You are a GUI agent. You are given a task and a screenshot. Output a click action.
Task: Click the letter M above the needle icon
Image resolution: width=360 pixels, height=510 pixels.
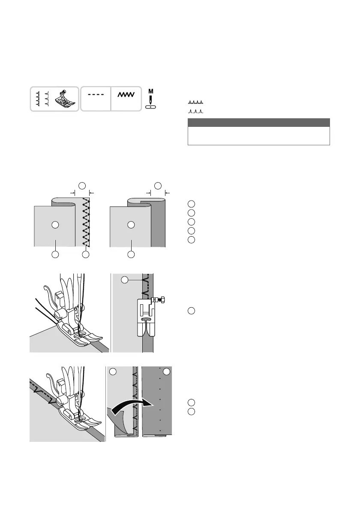click(150, 91)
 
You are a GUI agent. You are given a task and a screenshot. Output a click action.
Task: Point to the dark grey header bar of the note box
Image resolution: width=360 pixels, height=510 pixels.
click(258, 123)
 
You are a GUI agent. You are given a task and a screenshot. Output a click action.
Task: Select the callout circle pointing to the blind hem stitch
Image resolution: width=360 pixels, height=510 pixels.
click(124, 280)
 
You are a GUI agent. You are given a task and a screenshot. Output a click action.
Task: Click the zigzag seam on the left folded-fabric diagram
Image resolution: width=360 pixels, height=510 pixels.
click(86, 223)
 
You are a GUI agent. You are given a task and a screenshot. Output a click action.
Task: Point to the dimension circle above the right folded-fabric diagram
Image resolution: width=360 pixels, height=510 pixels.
click(158, 185)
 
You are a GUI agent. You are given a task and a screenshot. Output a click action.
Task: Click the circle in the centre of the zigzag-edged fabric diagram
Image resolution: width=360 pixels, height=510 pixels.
click(54, 224)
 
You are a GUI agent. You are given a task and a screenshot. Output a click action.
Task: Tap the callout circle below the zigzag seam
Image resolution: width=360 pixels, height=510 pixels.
click(86, 255)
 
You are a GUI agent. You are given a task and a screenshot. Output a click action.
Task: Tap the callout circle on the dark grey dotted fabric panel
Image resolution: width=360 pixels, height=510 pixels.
click(166, 371)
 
